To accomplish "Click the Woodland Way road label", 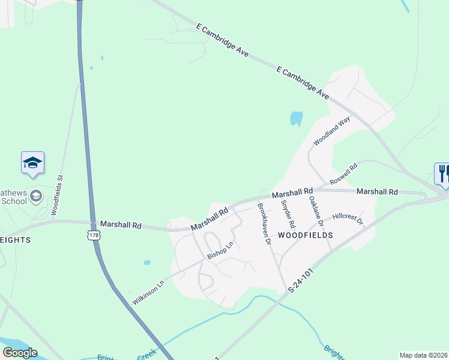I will coord(331,131).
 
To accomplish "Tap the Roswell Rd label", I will coord(343,175).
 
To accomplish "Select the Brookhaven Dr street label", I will coord(264,223).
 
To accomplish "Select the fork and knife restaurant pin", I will coord(442,174).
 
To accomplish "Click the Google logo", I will coord(20,353).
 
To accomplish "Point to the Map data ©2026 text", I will coord(423,355).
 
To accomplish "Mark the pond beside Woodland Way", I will coord(296,118).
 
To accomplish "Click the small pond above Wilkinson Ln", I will coord(147,263).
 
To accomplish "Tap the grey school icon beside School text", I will coord(36,196).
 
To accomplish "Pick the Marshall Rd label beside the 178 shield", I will coord(121,226).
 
